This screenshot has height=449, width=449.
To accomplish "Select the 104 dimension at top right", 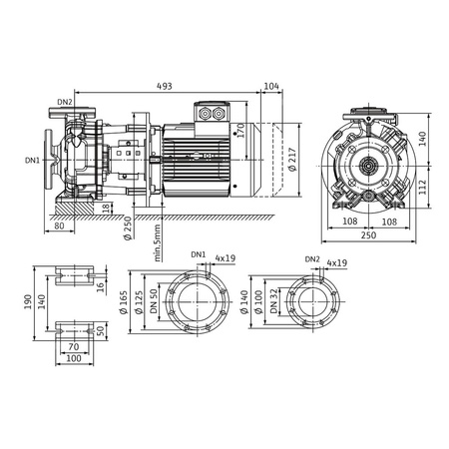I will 272,86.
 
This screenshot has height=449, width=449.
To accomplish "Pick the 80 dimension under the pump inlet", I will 61,225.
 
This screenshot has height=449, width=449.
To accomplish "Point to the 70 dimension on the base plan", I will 74,347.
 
